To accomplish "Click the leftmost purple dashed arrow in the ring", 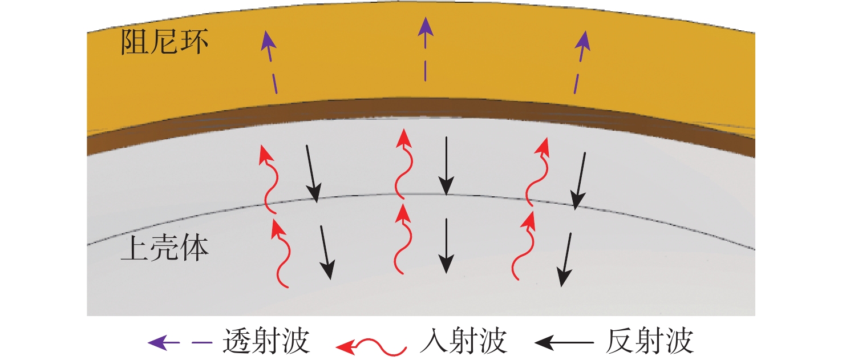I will click(x=271, y=63).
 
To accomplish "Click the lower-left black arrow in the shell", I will click(x=326, y=252).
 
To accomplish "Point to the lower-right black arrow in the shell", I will click(x=566, y=259).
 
